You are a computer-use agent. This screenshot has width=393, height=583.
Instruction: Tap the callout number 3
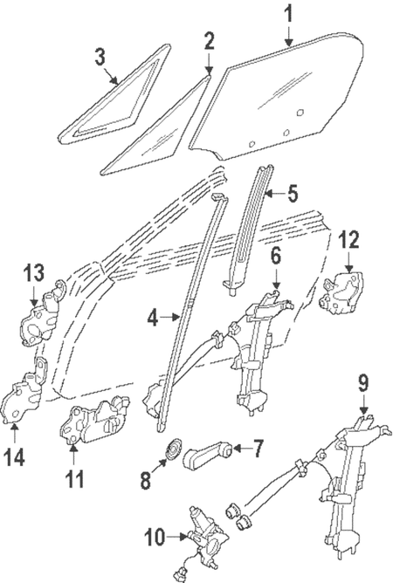click(101, 58)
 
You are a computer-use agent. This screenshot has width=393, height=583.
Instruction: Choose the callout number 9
click(362, 383)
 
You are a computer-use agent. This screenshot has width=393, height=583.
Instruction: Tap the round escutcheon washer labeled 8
click(173, 450)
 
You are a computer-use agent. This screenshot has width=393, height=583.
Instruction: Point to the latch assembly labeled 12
click(341, 292)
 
